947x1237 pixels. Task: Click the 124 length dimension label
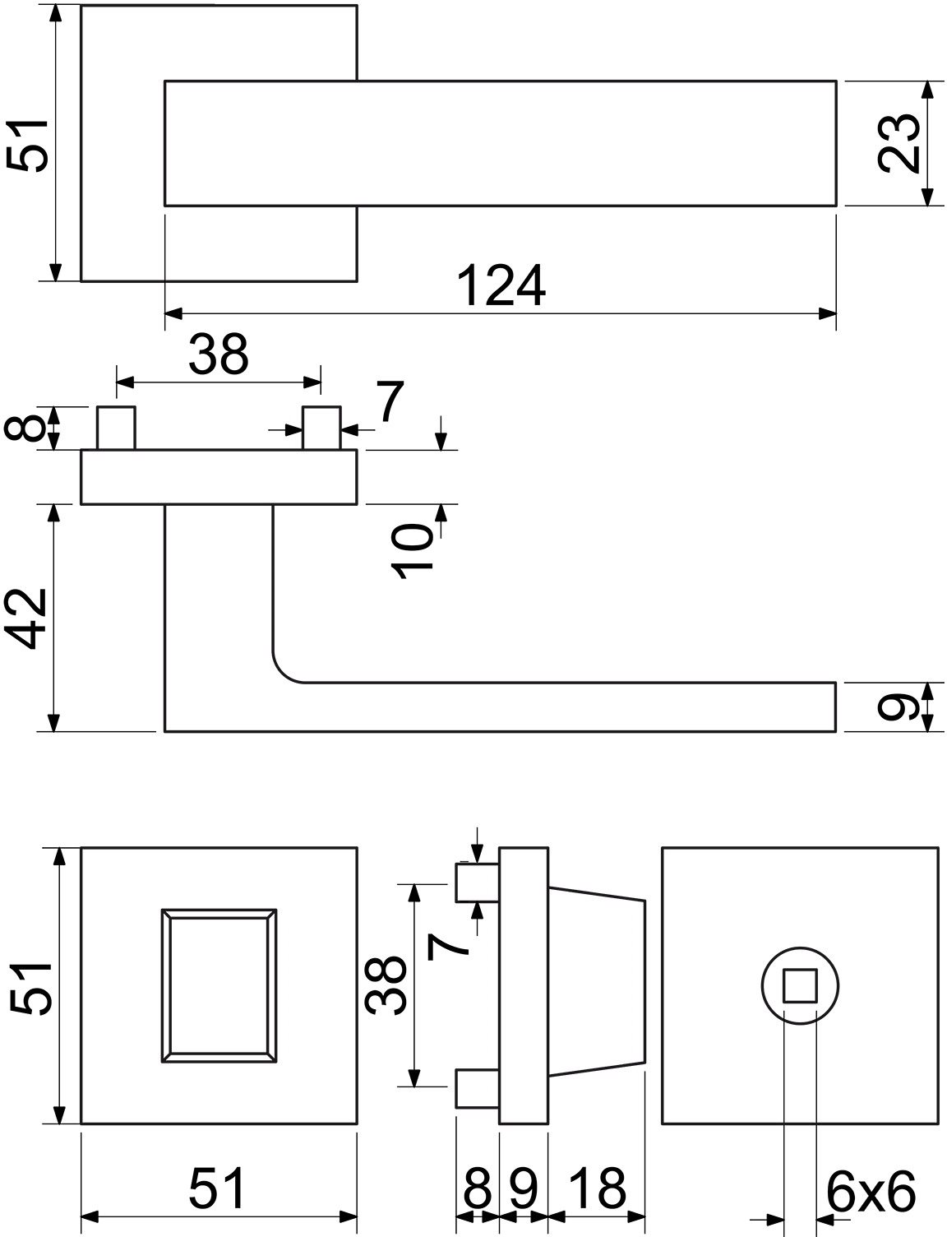coord(501,285)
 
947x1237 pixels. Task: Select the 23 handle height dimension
coord(898,143)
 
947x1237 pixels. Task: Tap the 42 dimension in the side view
coord(30,618)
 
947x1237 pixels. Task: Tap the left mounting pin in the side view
coord(116,428)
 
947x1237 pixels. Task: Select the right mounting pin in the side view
coord(321,428)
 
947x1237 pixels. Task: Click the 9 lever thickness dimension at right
coord(898,707)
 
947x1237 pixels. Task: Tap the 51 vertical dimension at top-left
coord(27,145)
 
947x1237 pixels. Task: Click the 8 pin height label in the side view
coord(25,428)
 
